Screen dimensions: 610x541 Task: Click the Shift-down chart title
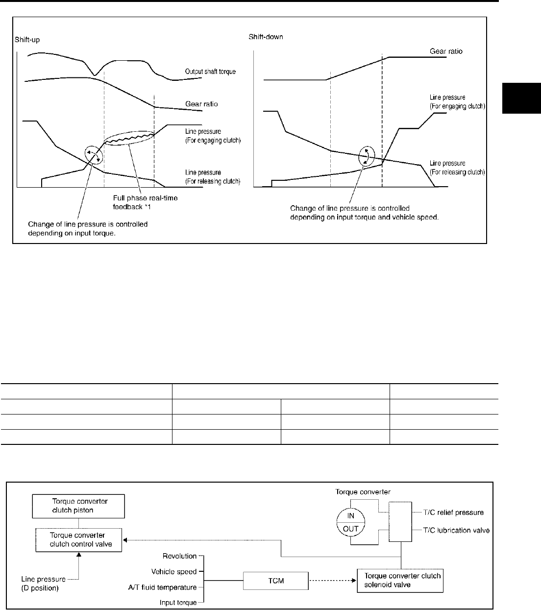(x=266, y=37)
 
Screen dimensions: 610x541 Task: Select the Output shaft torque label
(x=210, y=72)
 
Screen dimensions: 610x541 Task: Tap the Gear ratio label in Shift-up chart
(x=201, y=104)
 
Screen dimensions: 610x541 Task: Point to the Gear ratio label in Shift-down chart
(x=446, y=51)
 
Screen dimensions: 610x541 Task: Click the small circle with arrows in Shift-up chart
(x=93, y=154)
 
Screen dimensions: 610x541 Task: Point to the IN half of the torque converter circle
(x=351, y=515)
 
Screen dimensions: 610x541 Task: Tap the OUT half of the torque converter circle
(x=351, y=529)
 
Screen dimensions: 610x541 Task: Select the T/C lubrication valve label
(x=457, y=530)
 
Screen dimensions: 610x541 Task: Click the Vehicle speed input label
(x=174, y=571)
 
